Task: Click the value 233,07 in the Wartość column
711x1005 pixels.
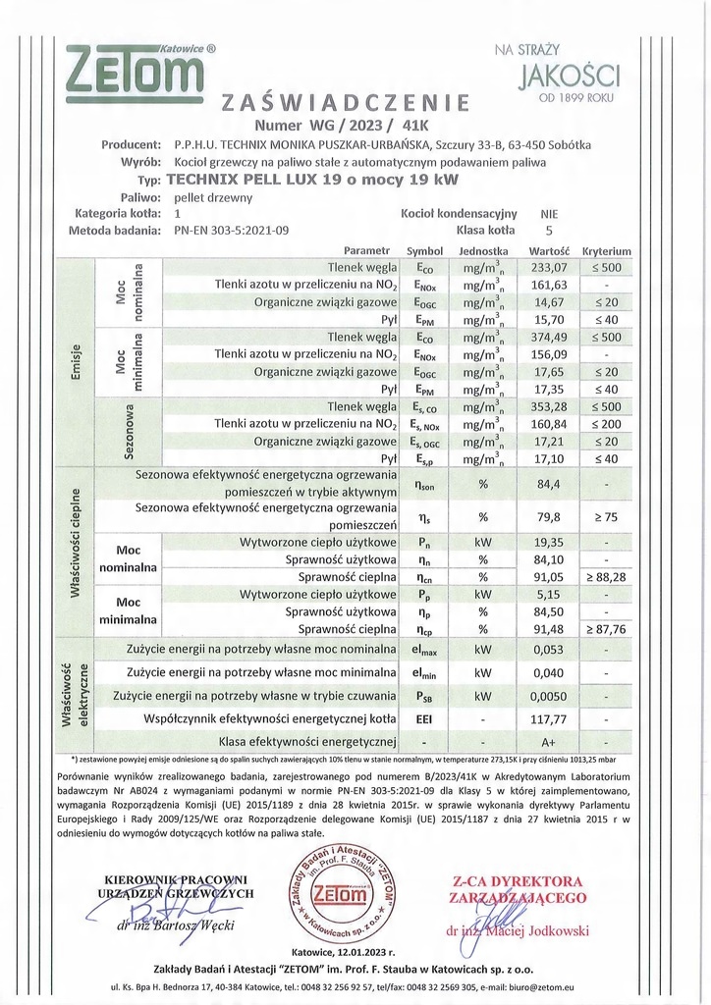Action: (x=549, y=267)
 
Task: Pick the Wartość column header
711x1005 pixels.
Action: (x=549, y=251)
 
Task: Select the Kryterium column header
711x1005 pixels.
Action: (x=606, y=251)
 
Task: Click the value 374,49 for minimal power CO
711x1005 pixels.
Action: (x=549, y=337)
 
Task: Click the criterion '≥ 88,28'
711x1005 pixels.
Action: (x=607, y=577)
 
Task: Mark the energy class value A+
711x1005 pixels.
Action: (x=549, y=742)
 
